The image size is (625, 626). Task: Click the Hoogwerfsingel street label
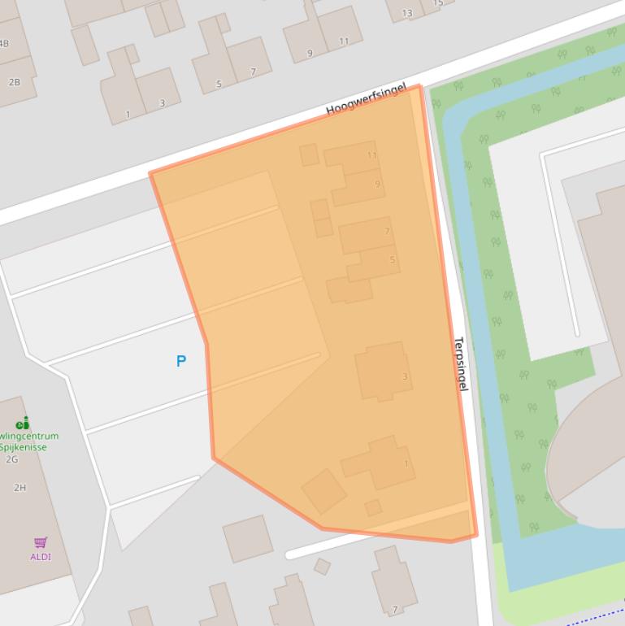tap(365, 98)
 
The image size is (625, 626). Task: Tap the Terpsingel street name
tap(461, 364)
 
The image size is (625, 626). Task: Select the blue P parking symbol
tap(181, 362)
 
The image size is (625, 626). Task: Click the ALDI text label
tap(41, 557)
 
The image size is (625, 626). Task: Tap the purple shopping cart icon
tap(41, 542)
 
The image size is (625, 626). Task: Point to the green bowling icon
tap(23, 423)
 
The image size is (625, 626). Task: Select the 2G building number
tap(11, 459)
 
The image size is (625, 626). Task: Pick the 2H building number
tap(20, 488)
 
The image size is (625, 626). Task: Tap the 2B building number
tap(14, 82)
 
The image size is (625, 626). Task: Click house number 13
tap(407, 13)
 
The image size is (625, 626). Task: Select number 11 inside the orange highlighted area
tap(371, 155)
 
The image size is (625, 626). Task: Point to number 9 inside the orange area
tap(377, 185)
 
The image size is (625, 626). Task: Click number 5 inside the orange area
tap(393, 260)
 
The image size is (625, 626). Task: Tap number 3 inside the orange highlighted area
tap(405, 376)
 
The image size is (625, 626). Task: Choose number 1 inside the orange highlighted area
tap(406, 464)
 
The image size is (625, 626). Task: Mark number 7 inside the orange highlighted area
tap(387, 232)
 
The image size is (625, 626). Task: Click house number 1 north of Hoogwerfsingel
tap(128, 115)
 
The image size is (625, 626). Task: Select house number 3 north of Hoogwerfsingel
tap(162, 103)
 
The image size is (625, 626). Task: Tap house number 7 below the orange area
tap(395, 610)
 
